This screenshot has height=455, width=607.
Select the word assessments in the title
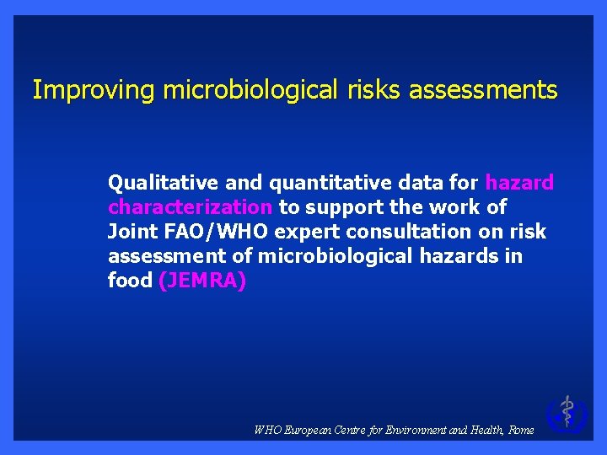[x=483, y=90]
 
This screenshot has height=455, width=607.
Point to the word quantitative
[x=308, y=183]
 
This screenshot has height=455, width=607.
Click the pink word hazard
[x=519, y=182]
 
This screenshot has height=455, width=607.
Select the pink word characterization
[x=190, y=206]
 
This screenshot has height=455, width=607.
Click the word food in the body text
[x=130, y=280]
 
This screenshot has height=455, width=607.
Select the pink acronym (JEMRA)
[x=202, y=281]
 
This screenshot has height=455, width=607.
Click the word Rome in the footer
[x=522, y=430]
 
